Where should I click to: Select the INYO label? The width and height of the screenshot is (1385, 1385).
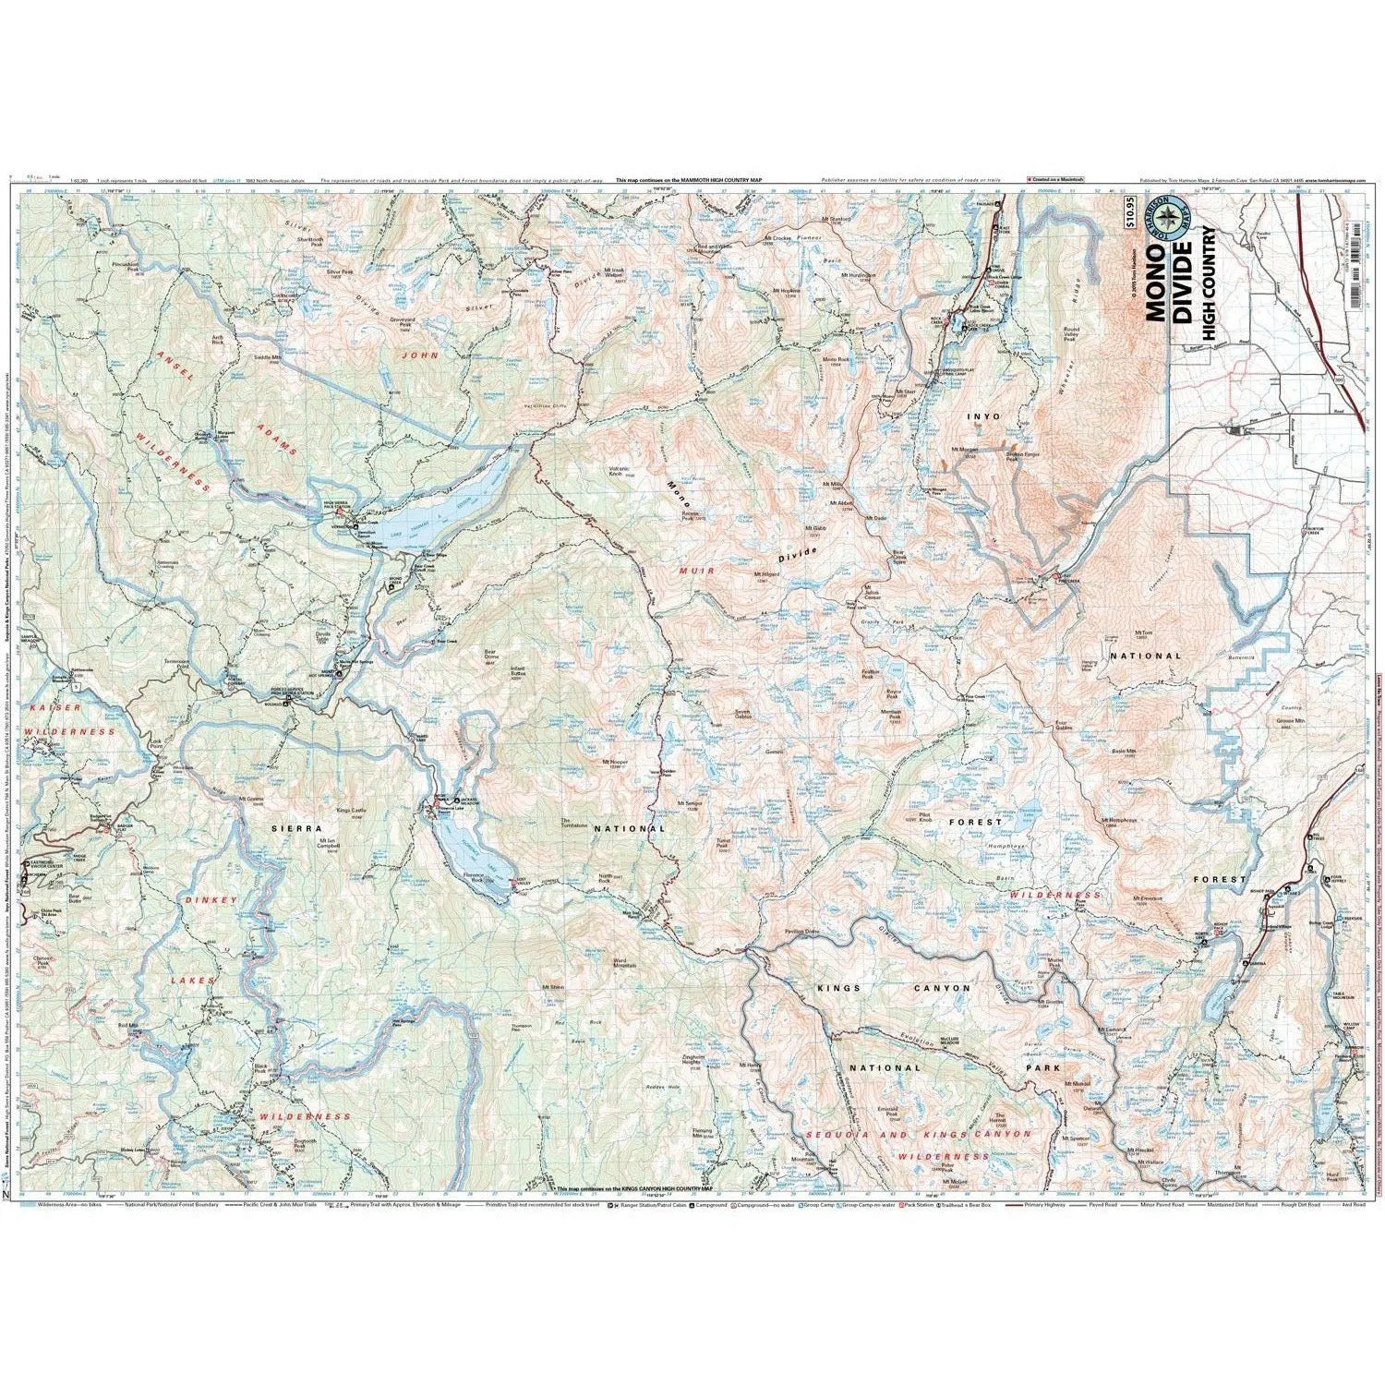(982, 416)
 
